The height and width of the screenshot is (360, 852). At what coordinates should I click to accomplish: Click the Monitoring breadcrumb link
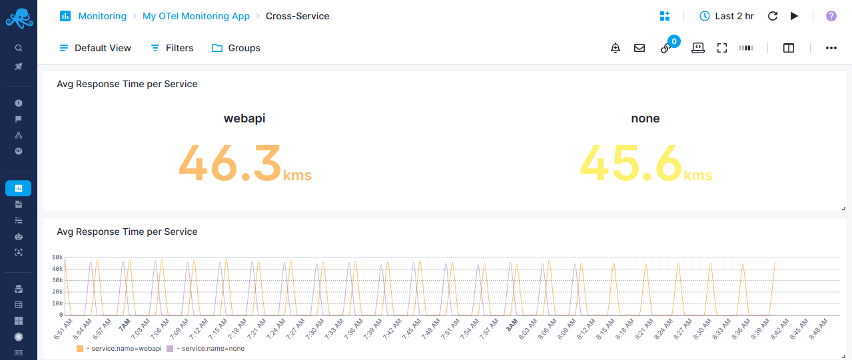(x=102, y=16)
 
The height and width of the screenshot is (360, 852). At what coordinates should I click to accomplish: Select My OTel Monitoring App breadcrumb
(x=196, y=16)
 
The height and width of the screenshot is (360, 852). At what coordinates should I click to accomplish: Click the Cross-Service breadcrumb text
(x=297, y=16)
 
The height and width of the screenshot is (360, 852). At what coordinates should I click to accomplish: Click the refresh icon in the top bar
(x=773, y=16)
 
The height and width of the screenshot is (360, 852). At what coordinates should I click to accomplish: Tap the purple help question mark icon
(x=831, y=16)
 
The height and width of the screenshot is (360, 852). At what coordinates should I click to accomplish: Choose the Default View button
(x=95, y=48)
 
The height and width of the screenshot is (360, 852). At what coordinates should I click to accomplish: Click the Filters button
(x=172, y=48)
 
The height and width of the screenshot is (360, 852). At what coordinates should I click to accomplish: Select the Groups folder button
(x=236, y=48)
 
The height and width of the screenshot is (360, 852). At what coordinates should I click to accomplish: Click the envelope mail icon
(x=639, y=48)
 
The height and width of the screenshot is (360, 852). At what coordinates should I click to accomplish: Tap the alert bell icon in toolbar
(x=616, y=48)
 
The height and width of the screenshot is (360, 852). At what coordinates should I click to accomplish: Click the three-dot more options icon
(x=831, y=48)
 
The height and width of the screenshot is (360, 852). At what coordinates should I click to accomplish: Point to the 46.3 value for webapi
(x=230, y=163)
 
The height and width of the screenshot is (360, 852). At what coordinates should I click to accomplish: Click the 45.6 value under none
(x=631, y=163)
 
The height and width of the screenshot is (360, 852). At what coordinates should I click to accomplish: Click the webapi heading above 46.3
(x=244, y=118)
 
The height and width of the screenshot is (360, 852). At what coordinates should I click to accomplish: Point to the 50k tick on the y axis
(x=57, y=257)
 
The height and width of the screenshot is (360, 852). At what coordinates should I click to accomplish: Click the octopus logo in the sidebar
(x=19, y=18)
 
